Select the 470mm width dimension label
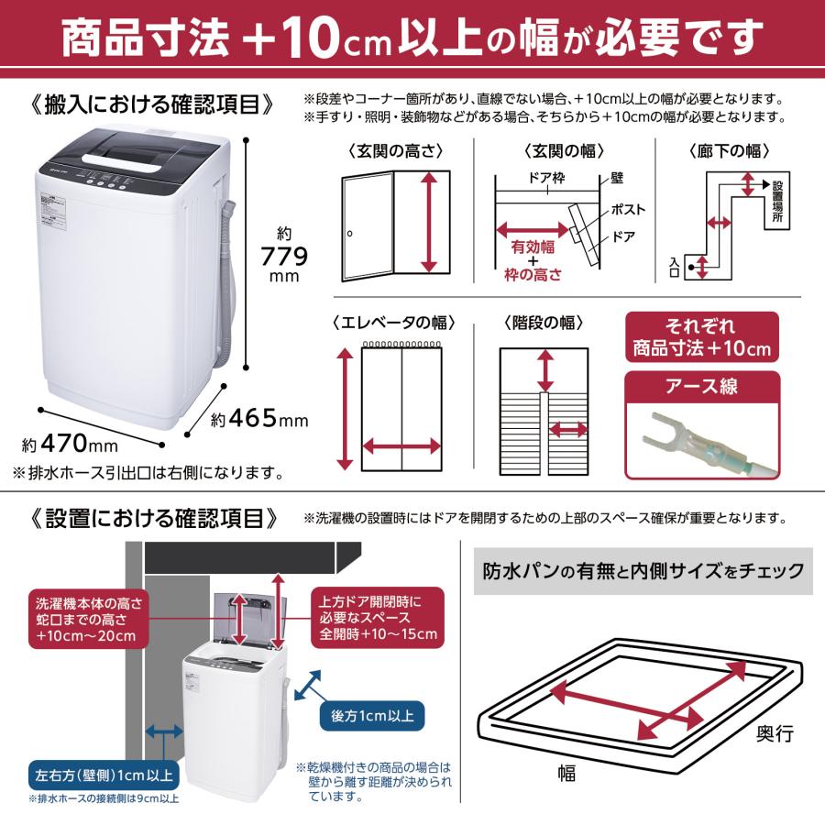pyautogui.click(x=71, y=445)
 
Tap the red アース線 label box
pyautogui.click(x=701, y=386)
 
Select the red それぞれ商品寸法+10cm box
pyautogui.click(x=701, y=337)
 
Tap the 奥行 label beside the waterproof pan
pyautogui.click(x=774, y=733)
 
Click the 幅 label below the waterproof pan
pyautogui.click(x=566, y=773)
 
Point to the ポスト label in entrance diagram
pyautogui.click(x=629, y=209)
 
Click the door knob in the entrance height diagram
pyautogui.click(x=350, y=234)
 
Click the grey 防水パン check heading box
pyautogui.click(x=642, y=571)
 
